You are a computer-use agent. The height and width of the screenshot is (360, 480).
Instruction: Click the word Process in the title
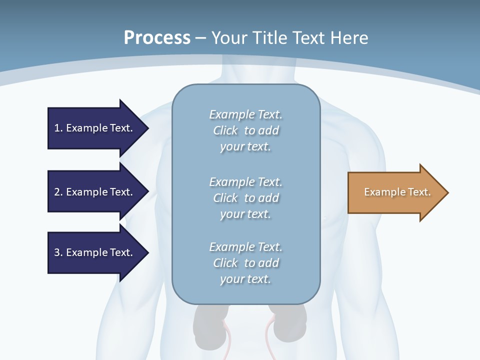pos(157,38)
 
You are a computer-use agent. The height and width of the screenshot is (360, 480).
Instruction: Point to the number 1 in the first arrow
pos(57,128)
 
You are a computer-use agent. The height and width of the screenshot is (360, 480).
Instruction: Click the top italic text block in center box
pos(245,130)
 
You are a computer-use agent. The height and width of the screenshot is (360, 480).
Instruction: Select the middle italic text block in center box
pos(245,197)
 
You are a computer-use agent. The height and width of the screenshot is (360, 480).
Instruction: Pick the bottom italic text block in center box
pos(245,263)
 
